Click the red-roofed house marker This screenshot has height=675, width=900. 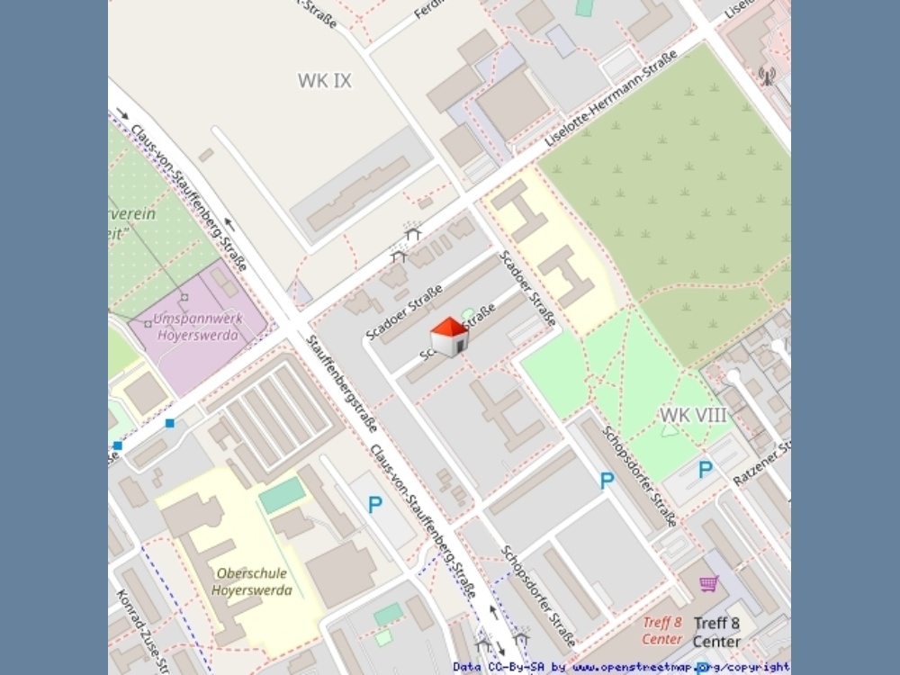tap(449, 337)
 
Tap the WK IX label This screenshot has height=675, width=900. tap(325, 81)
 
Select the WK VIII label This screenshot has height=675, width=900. tap(693, 415)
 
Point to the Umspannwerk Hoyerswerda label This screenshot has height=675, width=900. tap(196, 328)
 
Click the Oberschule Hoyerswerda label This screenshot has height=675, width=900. tap(252, 581)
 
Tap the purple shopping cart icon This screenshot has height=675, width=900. tap(708, 584)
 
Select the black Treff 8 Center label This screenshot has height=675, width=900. tap(717, 632)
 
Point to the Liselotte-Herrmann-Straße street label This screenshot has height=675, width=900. tap(612, 100)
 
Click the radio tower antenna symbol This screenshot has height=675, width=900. tap(766, 76)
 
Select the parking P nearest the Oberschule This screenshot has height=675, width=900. tap(375, 505)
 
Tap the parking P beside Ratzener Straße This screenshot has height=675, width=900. tap(706, 469)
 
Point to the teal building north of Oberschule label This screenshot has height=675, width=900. tap(283, 495)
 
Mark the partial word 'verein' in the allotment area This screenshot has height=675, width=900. tap(132, 214)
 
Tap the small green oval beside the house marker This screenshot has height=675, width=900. tap(468, 314)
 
